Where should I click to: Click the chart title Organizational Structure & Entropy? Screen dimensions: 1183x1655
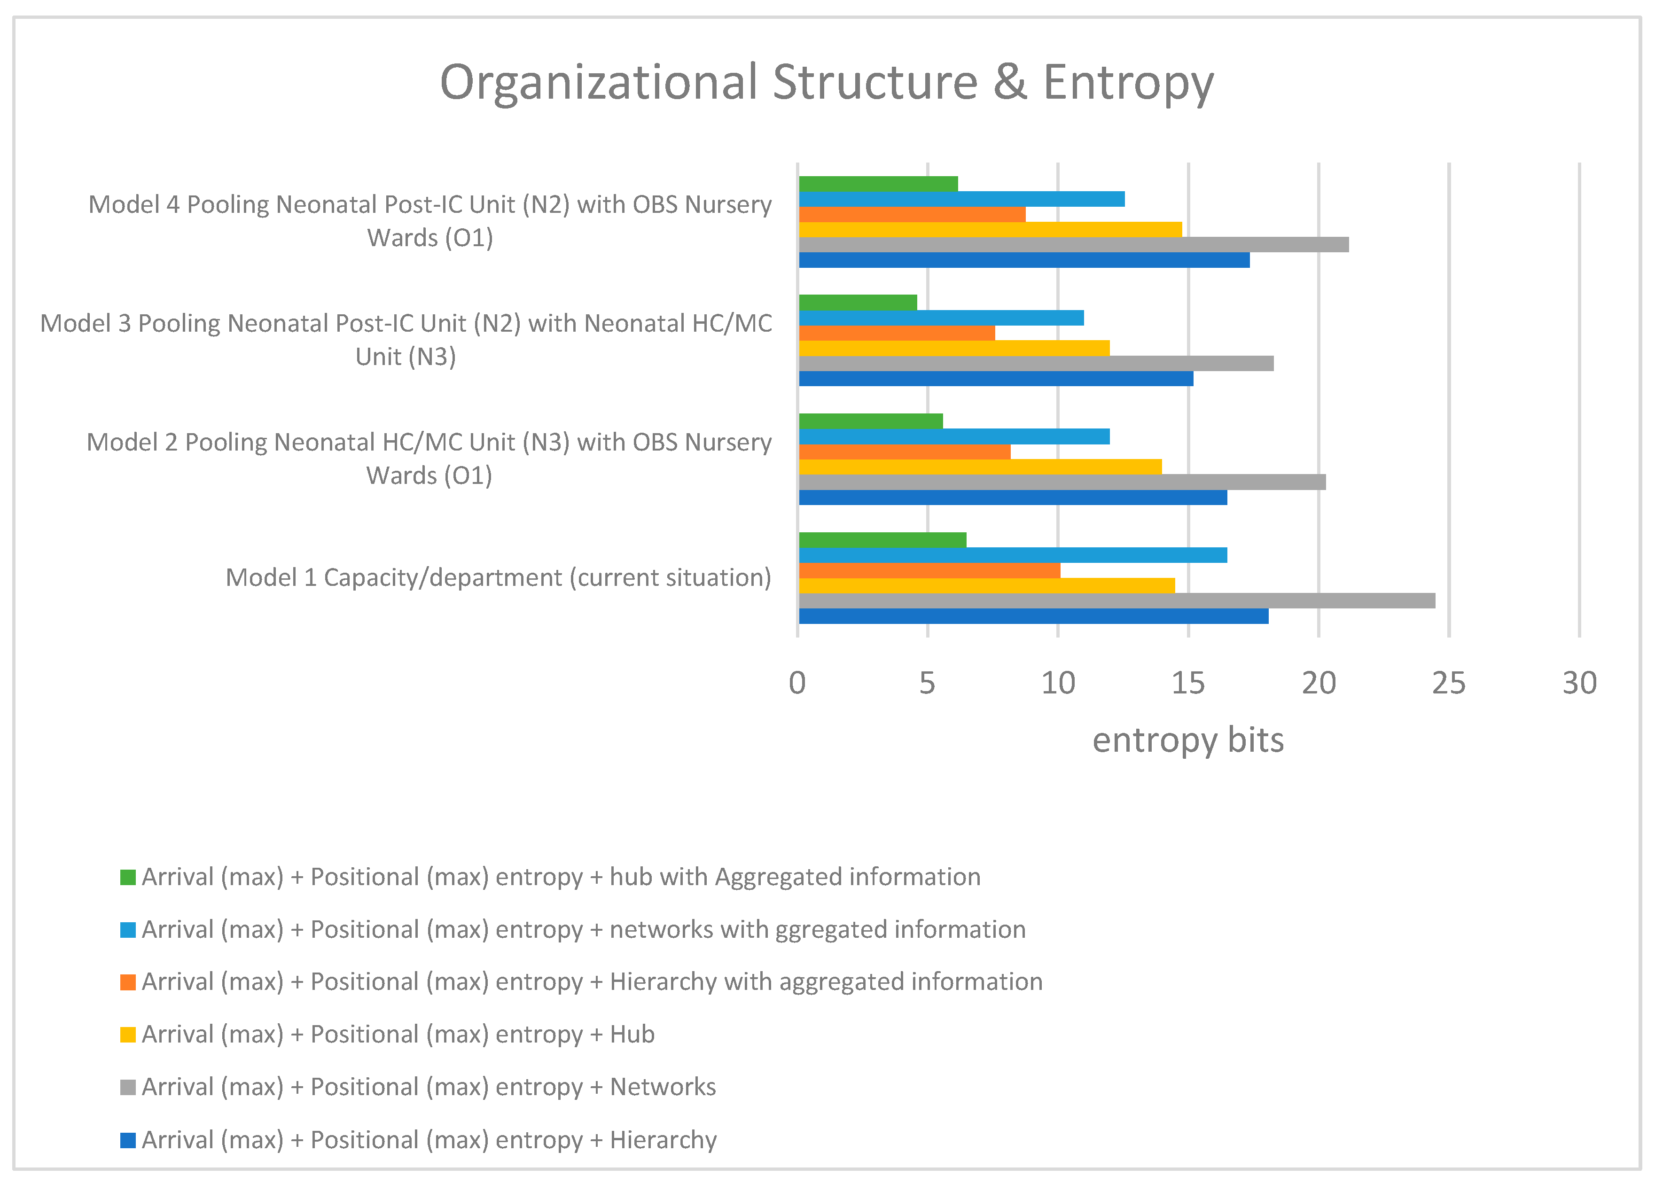(x=826, y=82)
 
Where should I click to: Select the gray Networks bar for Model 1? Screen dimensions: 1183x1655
(x=1116, y=601)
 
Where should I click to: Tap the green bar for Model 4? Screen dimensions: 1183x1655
(x=878, y=184)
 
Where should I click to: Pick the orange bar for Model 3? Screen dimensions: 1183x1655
(x=897, y=333)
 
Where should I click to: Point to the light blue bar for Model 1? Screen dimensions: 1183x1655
(x=1013, y=555)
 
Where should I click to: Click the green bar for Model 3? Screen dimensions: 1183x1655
(x=858, y=302)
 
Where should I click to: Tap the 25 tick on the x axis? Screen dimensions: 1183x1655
(x=1448, y=683)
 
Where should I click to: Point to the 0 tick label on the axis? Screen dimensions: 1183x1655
(x=797, y=683)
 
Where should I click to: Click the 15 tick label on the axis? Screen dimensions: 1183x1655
(x=1188, y=683)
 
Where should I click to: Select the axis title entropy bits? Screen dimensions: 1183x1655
(x=1187, y=740)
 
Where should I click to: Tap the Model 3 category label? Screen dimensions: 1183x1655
(x=406, y=340)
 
